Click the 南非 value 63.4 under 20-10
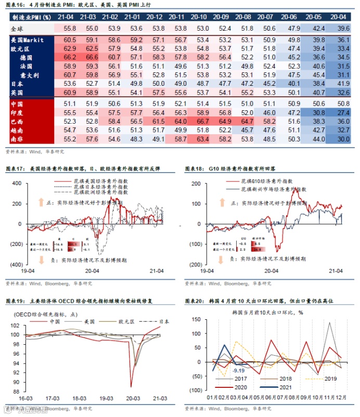click(x=203, y=139)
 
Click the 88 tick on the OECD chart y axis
click(x=15, y=392)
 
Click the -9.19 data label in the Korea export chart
click(x=239, y=370)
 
